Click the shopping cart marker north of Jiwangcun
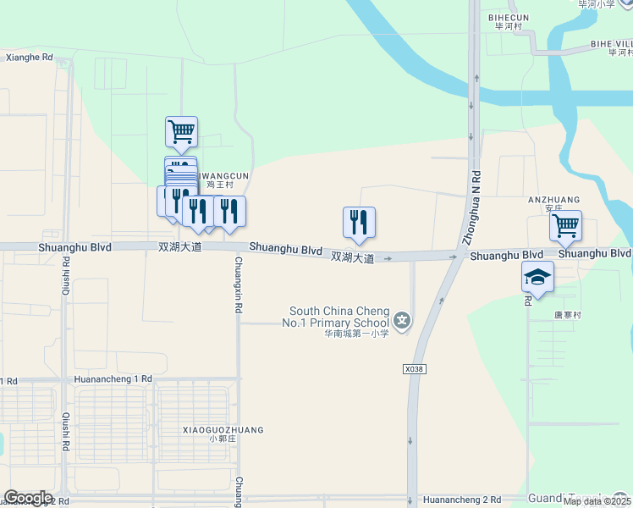click(x=181, y=131)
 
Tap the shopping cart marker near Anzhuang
click(x=565, y=226)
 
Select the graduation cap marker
click(x=537, y=276)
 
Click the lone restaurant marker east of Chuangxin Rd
click(x=359, y=222)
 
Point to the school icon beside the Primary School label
click(x=402, y=321)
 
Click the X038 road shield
click(x=414, y=369)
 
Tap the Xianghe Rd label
click(x=29, y=58)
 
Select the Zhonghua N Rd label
click(x=477, y=203)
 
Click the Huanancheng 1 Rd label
click(x=113, y=379)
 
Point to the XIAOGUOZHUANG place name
click(x=223, y=430)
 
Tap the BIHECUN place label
click(x=509, y=16)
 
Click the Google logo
click(x=28, y=498)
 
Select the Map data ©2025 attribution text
click(x=597, y=501)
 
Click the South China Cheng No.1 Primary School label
click(x=339, y=317)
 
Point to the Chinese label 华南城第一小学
click(x=356, y=333)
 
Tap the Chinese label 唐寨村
click(x=568, y=315)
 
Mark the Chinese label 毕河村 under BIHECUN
click(x=509, y=26)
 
